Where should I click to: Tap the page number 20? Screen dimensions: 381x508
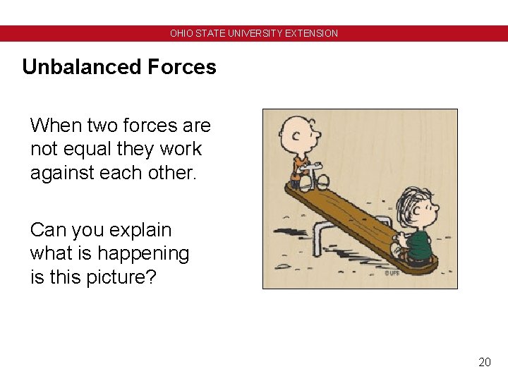click(484, 362)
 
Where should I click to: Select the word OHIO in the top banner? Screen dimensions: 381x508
click(181, 33)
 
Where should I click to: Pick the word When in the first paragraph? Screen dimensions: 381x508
click(56, 126)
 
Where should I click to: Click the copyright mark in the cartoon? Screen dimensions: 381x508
click(392, 272)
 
